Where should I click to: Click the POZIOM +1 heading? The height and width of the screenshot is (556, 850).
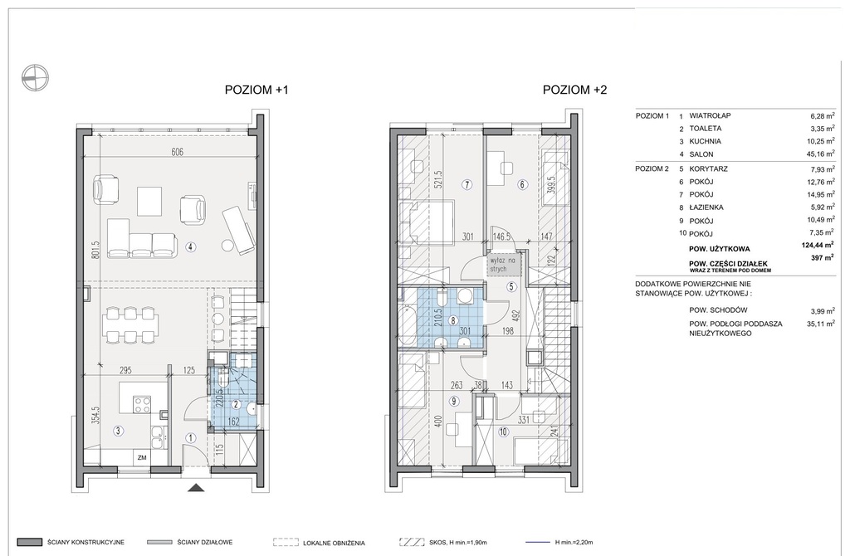[256, 90]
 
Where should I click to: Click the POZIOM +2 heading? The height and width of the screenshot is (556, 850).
[574, 90]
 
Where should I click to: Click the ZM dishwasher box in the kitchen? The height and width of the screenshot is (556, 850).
[142, 458]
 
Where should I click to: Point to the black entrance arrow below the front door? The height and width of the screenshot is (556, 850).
[197, 488]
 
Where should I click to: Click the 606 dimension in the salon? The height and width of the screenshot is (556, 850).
[178, 152]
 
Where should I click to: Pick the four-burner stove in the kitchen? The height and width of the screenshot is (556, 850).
[142, 405]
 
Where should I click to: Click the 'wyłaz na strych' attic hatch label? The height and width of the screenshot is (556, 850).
[503, 265]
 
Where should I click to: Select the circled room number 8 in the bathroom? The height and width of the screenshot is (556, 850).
[453, 320]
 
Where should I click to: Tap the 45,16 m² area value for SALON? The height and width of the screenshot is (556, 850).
[819, 154]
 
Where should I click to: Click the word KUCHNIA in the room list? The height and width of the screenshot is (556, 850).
[705, 141]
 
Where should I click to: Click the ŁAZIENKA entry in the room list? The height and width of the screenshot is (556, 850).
[706, 207]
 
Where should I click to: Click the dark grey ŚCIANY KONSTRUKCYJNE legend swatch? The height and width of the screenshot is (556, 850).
[29, 543]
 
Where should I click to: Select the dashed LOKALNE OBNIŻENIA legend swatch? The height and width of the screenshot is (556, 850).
[286, 543]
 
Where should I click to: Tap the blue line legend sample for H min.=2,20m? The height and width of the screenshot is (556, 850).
[539, 543]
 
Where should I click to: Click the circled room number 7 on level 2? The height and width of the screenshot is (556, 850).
[468, 185]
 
